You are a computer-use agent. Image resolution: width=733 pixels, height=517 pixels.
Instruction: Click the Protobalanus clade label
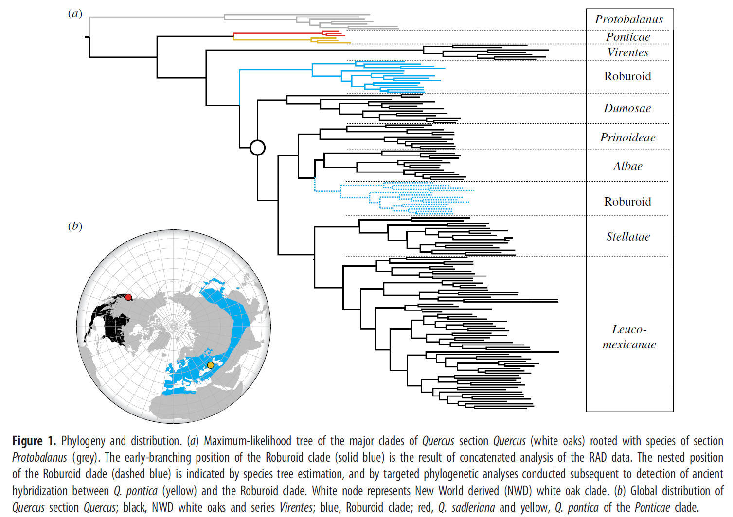click(629, 19)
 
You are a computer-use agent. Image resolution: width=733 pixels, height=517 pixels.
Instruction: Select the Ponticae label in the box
click(628, 37)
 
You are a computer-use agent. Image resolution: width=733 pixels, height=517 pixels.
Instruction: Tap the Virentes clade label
click(628, 52)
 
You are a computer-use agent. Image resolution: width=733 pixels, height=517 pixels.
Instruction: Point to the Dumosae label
click(627, 108)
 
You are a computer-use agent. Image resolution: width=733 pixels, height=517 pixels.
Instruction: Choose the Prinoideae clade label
click(627, 137)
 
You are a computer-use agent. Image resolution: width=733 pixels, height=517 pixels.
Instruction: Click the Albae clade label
click(627, 166)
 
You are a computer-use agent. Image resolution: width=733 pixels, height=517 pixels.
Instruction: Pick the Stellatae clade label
click(628, 236)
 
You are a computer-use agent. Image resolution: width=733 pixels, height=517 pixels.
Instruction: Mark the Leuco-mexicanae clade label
click(629, 337)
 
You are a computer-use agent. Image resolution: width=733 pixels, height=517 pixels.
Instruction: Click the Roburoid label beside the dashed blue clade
click(627, 202)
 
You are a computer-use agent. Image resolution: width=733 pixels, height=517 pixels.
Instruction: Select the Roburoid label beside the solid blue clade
click(627, 76)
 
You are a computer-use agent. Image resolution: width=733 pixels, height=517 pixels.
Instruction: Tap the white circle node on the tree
click(257, 148)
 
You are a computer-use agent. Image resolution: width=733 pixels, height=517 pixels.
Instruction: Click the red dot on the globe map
click(128, 297)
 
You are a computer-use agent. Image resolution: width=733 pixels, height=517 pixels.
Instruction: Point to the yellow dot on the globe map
click(211, 365)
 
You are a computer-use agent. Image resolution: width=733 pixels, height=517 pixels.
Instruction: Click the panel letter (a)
click(75, 14)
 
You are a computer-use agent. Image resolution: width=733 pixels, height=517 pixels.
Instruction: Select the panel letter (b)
click(75, 226)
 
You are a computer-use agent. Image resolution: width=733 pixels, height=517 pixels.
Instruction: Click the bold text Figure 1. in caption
click(34, 441)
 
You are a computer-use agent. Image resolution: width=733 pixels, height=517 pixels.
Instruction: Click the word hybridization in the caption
click(60, 491)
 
